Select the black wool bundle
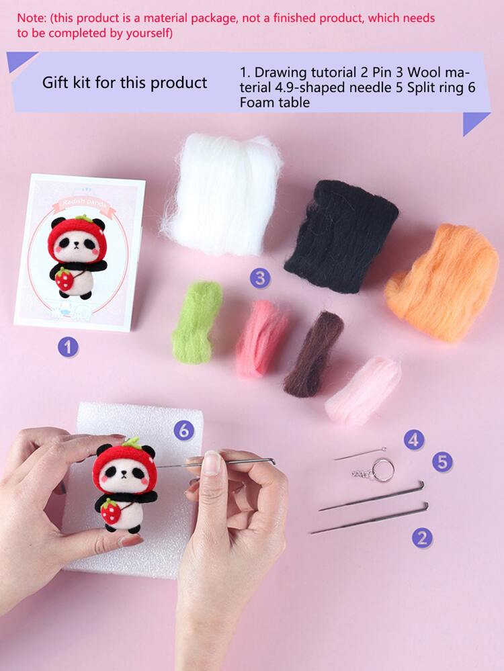341,235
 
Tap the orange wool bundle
442,283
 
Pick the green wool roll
197,322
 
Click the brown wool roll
313,353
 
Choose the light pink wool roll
363,390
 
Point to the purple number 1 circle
68,347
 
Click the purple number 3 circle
260,277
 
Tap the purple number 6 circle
183,431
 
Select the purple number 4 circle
414,440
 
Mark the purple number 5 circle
442,461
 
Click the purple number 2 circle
422,537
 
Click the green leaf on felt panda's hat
132,442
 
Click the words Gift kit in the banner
68,83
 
